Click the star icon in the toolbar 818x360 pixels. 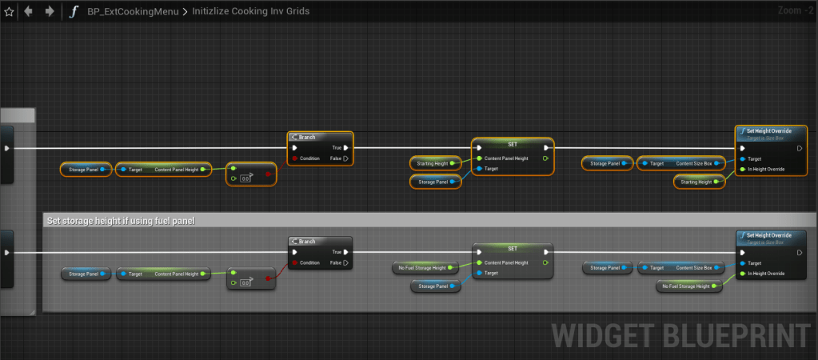[x=9, y=12]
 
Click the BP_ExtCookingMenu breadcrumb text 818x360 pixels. [x=132, y=12]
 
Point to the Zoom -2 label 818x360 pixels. [x=796, y=11]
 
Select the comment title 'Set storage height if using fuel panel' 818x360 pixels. [x=122, y=220]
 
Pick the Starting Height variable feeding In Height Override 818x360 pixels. [x=697, y=182]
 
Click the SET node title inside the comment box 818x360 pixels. [x=513, y=248]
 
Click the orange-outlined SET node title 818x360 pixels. [x=513, y=144]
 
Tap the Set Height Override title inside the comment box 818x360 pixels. [x=771, y=236]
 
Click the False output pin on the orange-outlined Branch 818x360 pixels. [x=345, y=158]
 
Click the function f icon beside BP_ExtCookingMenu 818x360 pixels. [x=74, y=12]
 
